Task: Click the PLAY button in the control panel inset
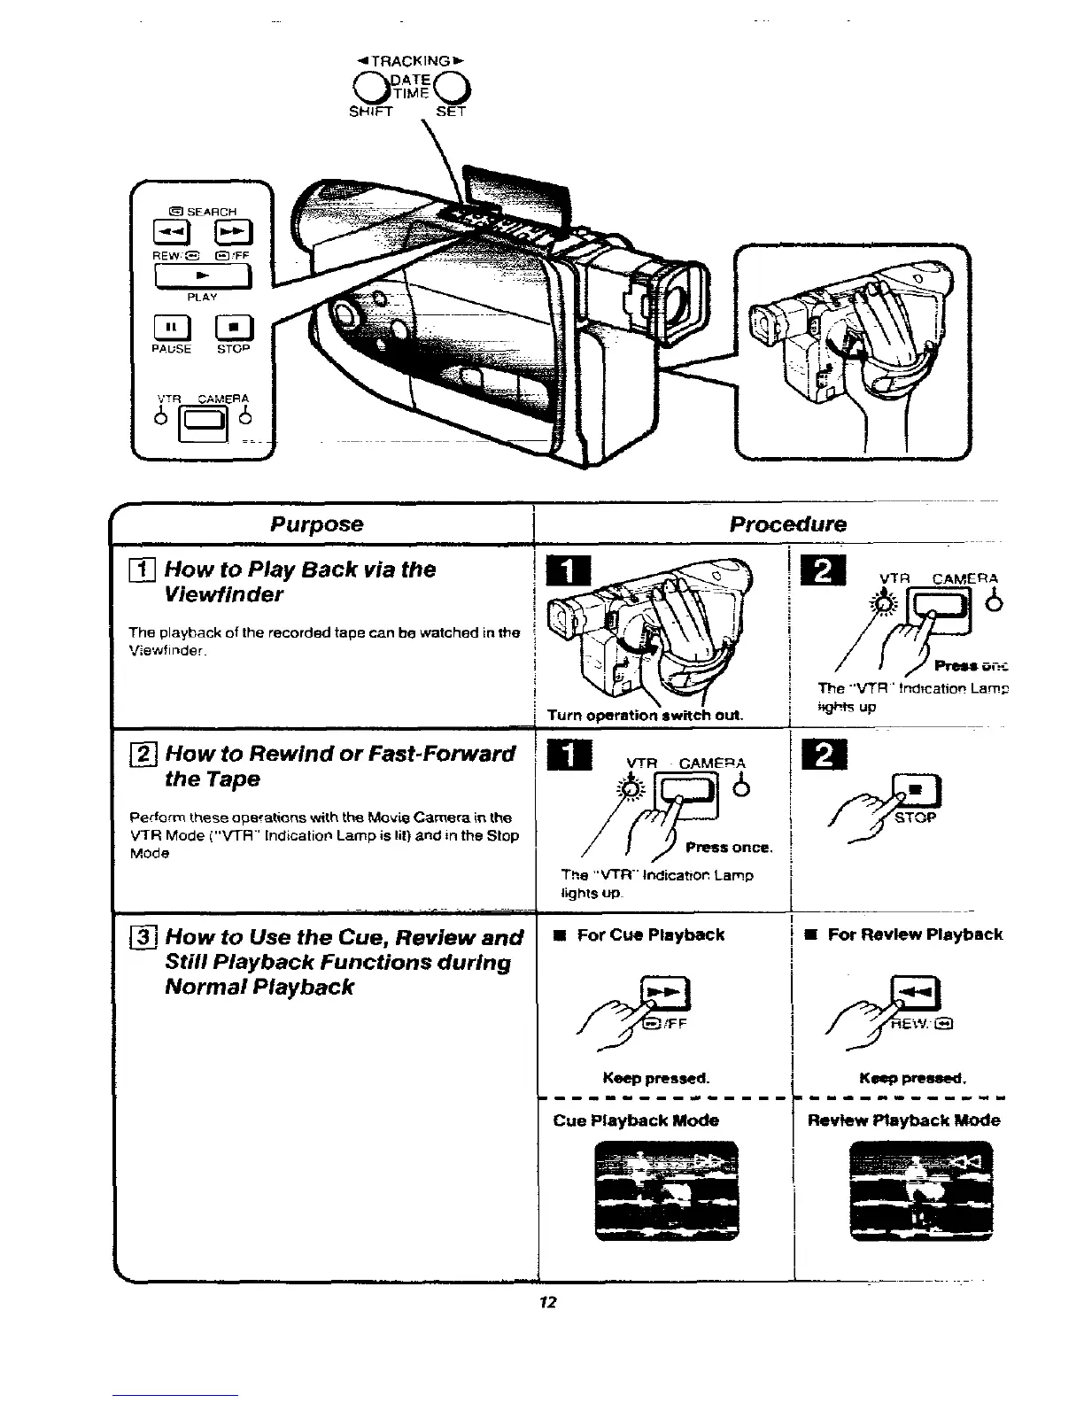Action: tap(203, 277)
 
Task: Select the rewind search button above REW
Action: tap(168, 233)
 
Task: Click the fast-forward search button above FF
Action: tap(235, 233)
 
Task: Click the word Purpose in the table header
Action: tap(316, 523)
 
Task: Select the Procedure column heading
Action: tap(787, 523)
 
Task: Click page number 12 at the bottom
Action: tap(547, 1301)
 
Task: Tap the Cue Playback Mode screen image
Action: tap(666, 1191)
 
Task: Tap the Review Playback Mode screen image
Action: tap(920, 1191)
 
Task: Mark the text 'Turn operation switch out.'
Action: tap(645, 715)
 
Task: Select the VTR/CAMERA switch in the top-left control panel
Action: tap(203, 426)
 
